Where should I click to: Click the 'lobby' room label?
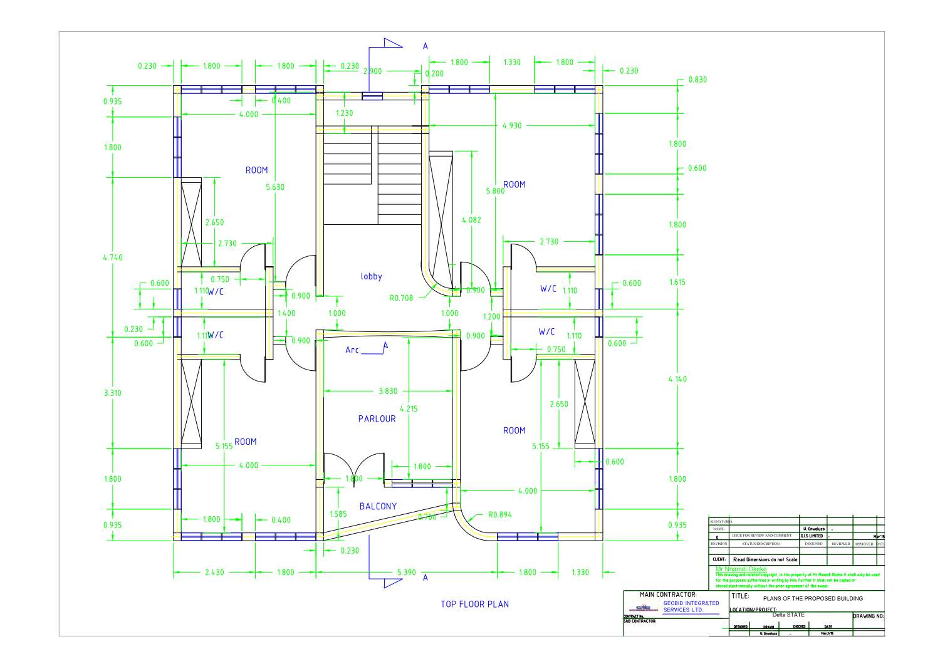coord(371,276)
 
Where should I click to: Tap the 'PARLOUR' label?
coord(377,418)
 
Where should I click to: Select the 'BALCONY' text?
coord(378,506)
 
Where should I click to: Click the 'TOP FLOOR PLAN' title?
coord(474,604)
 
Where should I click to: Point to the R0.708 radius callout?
coord(401,298)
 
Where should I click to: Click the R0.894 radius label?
coord(499,515)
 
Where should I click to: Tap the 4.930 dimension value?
coord(511,125)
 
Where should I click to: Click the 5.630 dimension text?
coord(274,187)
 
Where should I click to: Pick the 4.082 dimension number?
coord(471,220)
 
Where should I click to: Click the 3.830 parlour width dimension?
coord(388,391)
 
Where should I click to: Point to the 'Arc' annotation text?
coord(352,350)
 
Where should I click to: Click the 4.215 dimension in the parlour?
coord(408,408)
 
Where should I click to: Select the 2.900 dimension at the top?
coord(372,71)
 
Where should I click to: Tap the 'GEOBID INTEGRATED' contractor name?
coord(691,603)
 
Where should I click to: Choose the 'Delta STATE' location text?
coord(788,615)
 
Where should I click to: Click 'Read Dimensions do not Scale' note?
coord(765,559)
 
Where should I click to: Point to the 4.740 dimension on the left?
coord(113,257)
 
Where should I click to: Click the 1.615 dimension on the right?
coord(677,283)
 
